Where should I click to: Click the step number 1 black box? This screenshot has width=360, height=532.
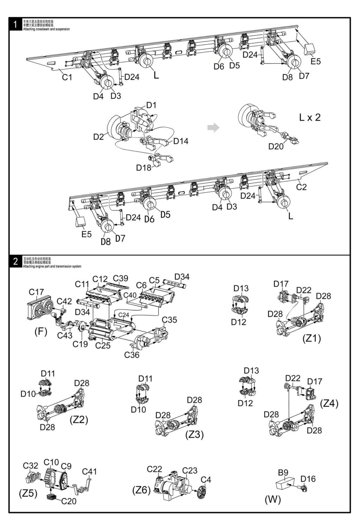coord(15,25)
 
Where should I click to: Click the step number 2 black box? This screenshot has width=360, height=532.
coord(15,262)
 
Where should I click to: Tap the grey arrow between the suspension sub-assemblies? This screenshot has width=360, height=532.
coord(213,127)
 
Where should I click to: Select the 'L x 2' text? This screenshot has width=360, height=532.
coord(310,118)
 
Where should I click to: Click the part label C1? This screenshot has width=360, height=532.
coord(67,77)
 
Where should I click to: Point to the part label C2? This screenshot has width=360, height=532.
coord(301,187)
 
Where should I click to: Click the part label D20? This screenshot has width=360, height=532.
coord(276,146)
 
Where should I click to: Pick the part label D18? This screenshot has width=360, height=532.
coord(144,167)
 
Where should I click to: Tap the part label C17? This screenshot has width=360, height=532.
coord(36,292)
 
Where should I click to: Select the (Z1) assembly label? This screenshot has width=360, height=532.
coord(311,338)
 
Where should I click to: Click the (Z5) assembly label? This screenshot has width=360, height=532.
coord(28,493)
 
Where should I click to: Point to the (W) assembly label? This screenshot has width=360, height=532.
coord(273,499)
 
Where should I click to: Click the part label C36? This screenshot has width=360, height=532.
coord(131,355)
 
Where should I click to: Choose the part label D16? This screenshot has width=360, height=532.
coord(308,479)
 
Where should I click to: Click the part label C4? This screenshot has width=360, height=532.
coord(206,479)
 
